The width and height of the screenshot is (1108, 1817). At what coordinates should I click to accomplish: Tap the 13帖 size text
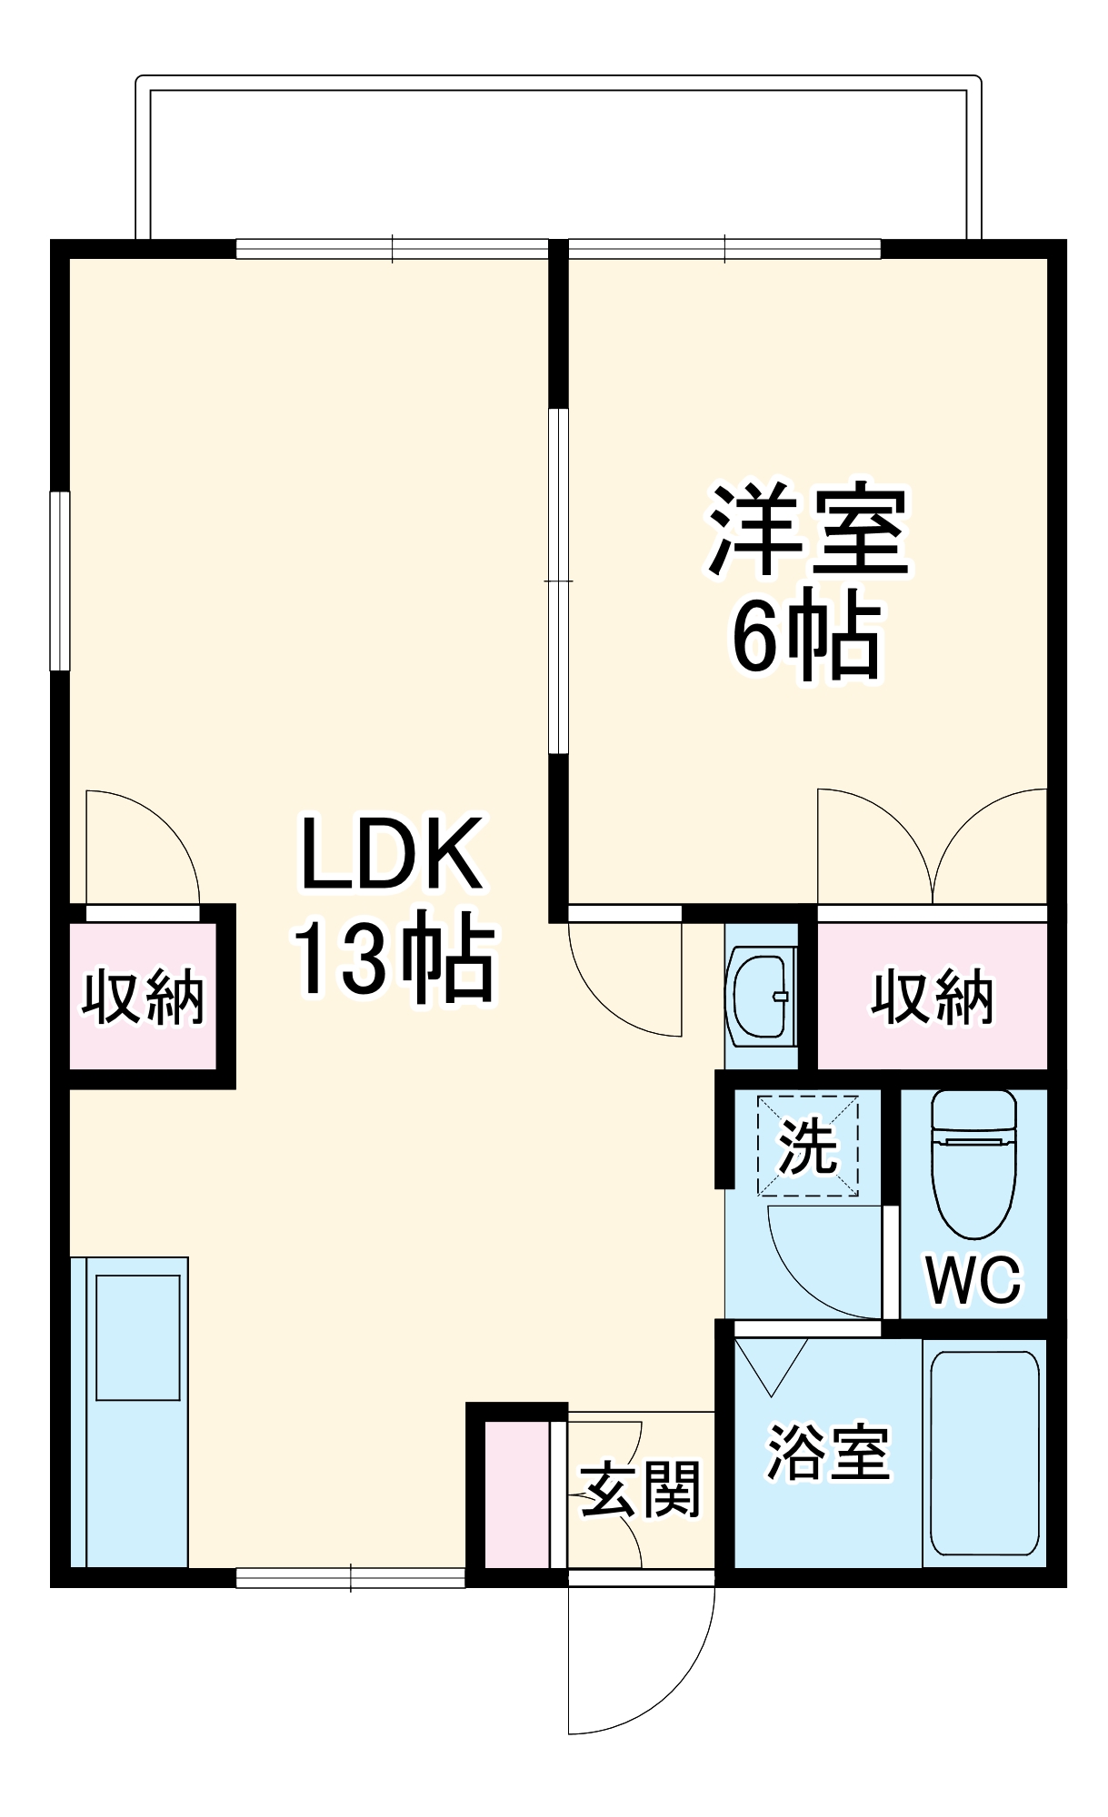(x=393, y=960)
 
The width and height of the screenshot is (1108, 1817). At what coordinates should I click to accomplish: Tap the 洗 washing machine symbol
(x=808, y=1147)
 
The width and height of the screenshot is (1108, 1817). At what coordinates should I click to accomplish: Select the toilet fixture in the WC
(x=973, y=1163)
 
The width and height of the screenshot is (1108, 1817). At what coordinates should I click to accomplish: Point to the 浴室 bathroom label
(x=828, y=1454)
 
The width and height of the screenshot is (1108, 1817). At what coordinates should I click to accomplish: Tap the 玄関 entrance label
(x=641, y=1490)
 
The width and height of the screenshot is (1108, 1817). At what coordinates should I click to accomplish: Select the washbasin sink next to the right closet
(x=763, y=995)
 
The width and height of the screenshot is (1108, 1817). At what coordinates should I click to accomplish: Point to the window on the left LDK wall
(x=60, y=581)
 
